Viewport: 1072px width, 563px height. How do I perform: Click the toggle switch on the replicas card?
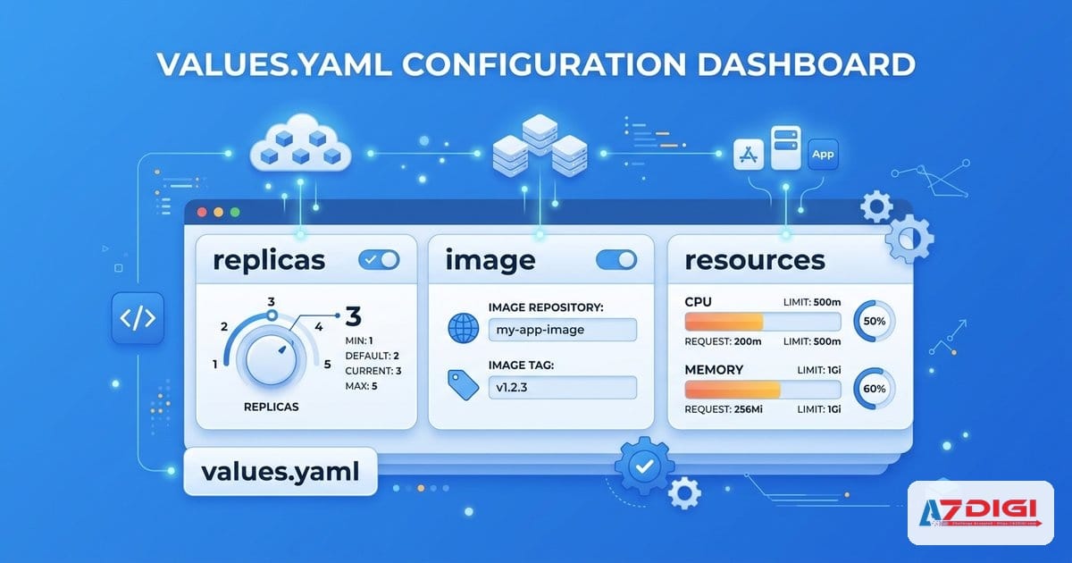pos(379,260)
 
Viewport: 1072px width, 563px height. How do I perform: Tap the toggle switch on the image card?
pos(616,260)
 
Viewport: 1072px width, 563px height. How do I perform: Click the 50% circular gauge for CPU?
pos(875,322)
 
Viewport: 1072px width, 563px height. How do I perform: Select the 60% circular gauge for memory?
pos(875,390)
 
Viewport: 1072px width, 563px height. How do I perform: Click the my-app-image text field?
pos(562,330)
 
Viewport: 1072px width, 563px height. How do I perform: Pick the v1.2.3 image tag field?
pos(562,388)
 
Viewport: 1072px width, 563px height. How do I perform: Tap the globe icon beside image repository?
pos(463,330)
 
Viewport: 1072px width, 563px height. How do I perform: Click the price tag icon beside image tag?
pos(461,384)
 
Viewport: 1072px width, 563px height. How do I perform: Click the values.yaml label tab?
pos(281,471)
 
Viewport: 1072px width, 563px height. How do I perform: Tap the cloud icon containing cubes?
pos(300,145)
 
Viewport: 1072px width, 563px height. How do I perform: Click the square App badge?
pos(823,155)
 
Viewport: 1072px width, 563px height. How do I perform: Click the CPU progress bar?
pos(762,322)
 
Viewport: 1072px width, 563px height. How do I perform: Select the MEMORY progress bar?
pos(762,390)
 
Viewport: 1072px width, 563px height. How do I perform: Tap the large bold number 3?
pos(353,317)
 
